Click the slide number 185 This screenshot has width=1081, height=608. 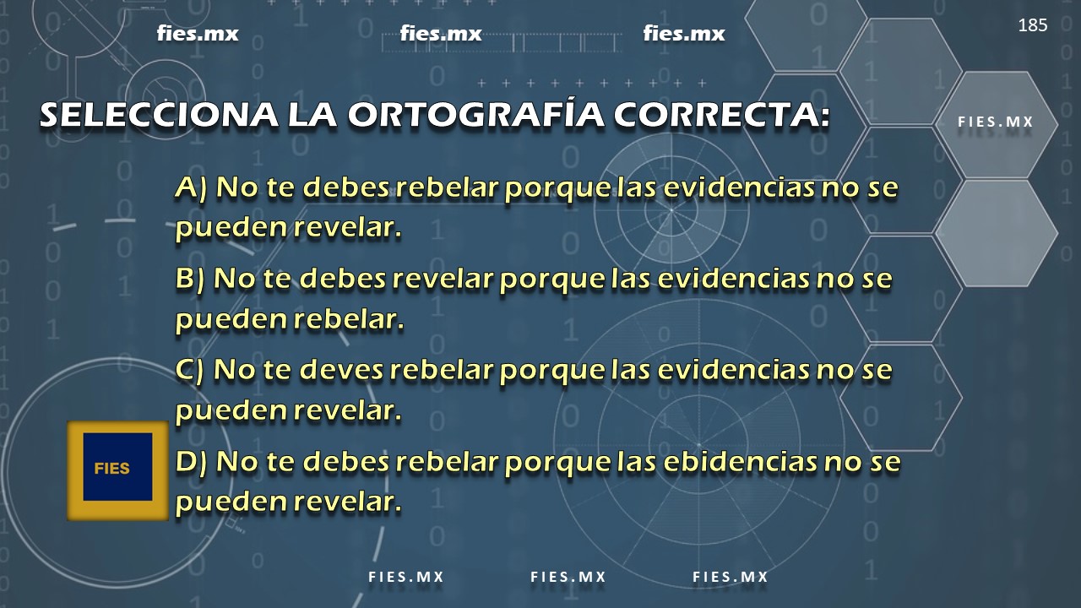[x=1033, y=25]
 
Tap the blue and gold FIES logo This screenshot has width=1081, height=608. [x=117, y=470]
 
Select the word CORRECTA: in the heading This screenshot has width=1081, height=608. [x=721, y=115]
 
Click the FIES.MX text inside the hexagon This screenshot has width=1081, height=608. [x=996, y=122]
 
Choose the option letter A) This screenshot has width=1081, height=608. [x=192, y=187]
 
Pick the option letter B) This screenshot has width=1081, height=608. [x=190, y=279]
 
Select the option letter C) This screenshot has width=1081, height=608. [x=190, y=370]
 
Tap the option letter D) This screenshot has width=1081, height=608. [x=192, y=461]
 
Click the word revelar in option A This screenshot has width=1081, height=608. [x=347, y=228]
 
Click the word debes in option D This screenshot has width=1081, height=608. [x=346, y=461]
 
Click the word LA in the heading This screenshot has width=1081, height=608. [x=312, y=116]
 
